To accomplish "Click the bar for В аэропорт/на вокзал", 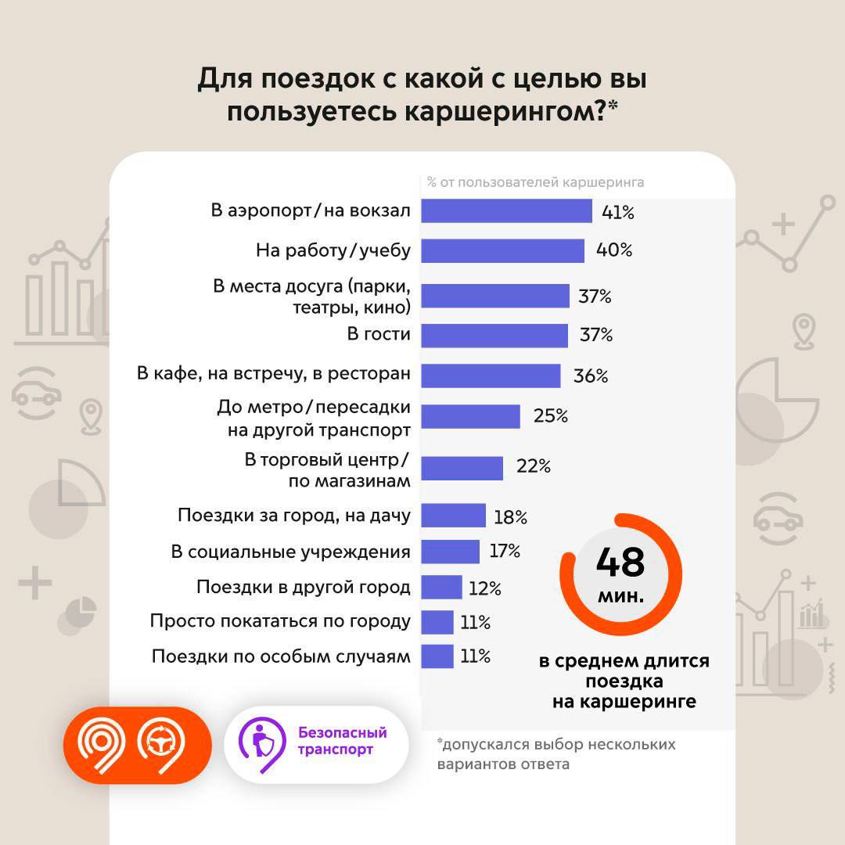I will point(506,211).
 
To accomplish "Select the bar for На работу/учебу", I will point(502,250).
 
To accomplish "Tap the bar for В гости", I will point(494,336).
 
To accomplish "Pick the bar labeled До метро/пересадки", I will point(470,416).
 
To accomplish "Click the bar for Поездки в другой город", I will point(441,587).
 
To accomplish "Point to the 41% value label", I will point(617,212).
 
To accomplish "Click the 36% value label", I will point(590,376).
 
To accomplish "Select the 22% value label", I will point(534,467).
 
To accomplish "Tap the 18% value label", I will point(510,517).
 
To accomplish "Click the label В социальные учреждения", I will point(290,552).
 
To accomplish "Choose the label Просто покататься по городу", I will point(280,621).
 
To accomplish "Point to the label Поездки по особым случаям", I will point(281,656).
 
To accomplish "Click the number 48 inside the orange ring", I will point(620,561).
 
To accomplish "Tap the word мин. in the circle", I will point(621,596).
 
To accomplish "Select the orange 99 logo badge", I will point(138,745).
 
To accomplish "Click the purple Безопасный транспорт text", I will point(342,741).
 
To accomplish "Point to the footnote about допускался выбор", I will point(556,753).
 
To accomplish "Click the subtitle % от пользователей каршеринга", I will point(535,183).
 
